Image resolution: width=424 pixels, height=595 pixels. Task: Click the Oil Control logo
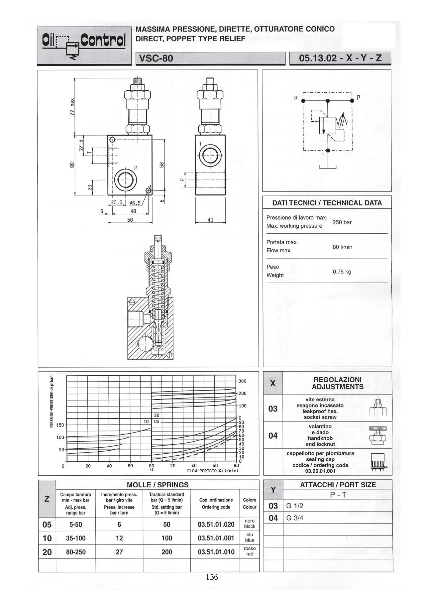point(84,46)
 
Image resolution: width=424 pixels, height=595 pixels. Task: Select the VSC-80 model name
point(156,59)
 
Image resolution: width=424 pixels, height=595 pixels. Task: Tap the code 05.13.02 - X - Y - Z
point(340,59)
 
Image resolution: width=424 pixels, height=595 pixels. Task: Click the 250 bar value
point(342,222)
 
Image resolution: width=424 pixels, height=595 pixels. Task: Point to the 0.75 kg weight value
point(342,272)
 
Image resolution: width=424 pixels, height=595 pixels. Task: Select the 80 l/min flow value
point(342,247)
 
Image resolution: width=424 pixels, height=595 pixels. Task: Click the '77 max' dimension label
point(72,106)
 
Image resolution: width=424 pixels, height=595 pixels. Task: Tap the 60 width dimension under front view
point(130,220)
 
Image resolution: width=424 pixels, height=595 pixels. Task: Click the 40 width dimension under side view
point(210,220)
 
